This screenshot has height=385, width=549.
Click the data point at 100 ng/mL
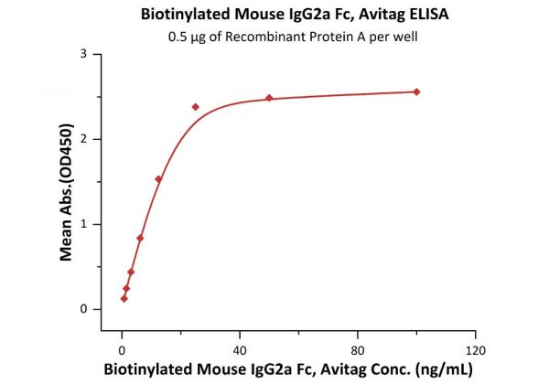416,91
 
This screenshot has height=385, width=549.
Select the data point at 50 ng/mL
269,98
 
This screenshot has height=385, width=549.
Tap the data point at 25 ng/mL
196,107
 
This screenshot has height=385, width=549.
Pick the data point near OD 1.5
158,179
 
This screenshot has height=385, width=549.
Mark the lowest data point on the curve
124,298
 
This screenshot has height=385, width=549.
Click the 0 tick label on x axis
122,349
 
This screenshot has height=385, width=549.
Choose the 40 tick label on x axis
240,349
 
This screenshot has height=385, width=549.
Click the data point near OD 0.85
140,238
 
